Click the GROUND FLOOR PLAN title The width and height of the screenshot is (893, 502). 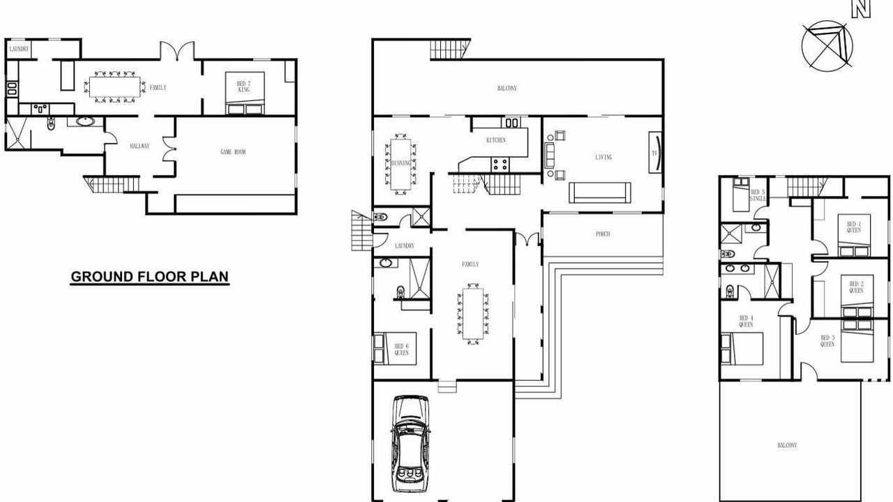149,277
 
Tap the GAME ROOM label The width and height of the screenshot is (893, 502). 233,152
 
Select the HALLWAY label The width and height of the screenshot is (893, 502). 140,146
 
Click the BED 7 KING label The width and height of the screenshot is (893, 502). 243,86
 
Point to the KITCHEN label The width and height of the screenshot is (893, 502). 496,140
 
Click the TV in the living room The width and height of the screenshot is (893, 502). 655,153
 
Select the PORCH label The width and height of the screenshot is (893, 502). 603,234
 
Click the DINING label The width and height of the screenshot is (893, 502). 401,163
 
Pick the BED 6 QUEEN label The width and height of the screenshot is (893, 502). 401,349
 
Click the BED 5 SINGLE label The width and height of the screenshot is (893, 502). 758,195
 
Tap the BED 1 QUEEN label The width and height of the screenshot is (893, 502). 854,227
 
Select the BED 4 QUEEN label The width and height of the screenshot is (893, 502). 746,321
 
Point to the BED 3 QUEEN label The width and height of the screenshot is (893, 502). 827,341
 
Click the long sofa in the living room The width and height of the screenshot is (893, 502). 600,193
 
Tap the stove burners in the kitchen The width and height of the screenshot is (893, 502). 500,165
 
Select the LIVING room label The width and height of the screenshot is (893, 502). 603,158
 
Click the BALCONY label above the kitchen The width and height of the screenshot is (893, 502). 507,89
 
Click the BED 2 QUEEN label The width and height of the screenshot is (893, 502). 856,287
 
